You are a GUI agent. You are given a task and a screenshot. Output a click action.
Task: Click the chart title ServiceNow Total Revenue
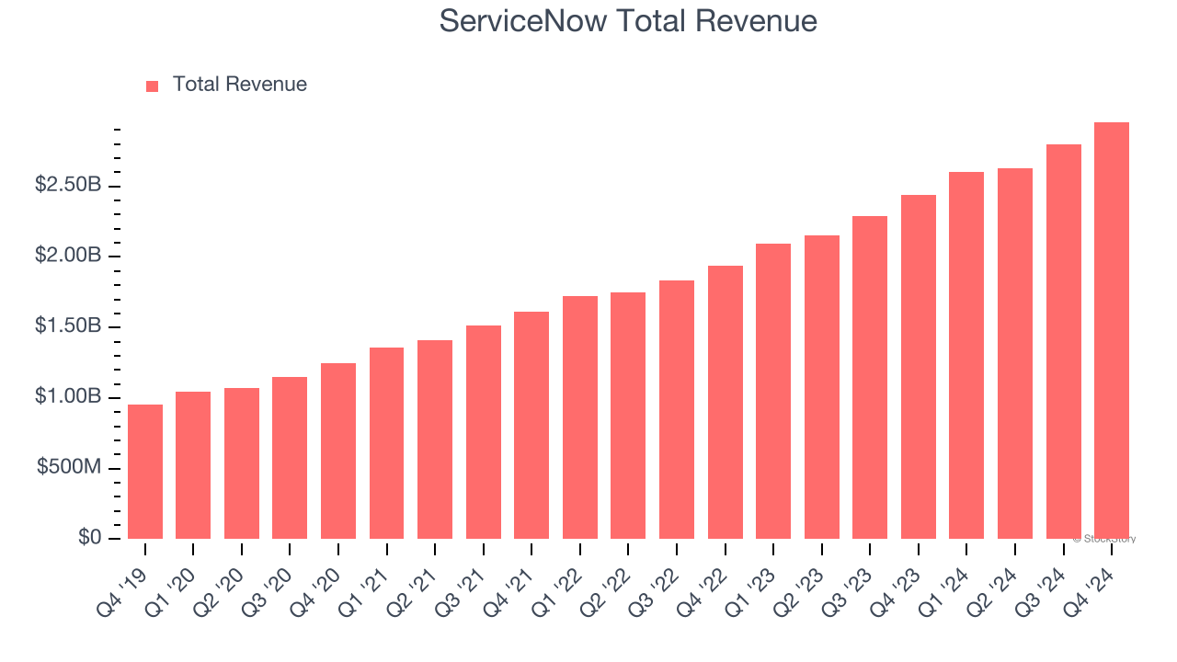tap(628, 20)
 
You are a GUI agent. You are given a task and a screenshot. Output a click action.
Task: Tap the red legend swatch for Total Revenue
tap(153, 86)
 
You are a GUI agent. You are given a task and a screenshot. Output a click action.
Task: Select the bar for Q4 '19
tap(145, 472)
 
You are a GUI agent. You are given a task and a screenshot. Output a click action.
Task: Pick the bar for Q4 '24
tap(1112, 331)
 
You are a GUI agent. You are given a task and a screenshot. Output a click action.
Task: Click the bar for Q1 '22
tap(580, 417)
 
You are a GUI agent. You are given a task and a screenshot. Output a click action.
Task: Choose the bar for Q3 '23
tap(870, 377)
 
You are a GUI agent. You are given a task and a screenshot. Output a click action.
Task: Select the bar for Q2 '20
tap(242, 463)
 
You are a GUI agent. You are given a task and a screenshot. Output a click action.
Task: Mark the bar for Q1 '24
tap(966, 355)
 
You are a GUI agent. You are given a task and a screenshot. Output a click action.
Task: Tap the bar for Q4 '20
tap(338, 451)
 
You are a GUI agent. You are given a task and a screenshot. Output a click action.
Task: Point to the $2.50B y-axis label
tap(67, 185)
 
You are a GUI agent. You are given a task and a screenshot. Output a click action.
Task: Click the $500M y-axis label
tap(69, 467)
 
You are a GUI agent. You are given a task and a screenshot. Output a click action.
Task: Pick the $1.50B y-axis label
tap(67, 326)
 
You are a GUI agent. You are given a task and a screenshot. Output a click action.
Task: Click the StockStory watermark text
tap(1104, 539)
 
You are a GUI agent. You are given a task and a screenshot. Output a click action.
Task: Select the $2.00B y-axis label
tap(67, 256)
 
